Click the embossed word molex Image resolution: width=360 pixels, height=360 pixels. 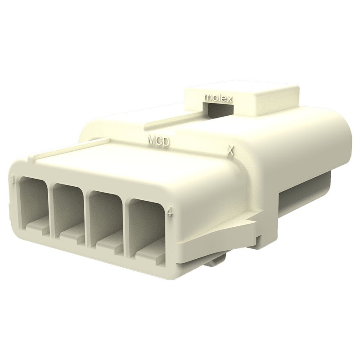coord(218,98)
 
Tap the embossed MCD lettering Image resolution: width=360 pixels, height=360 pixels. coord(159,141)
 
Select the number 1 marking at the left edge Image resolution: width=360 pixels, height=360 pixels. coord(14,180)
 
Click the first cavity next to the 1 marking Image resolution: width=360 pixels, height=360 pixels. coord(33,202)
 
